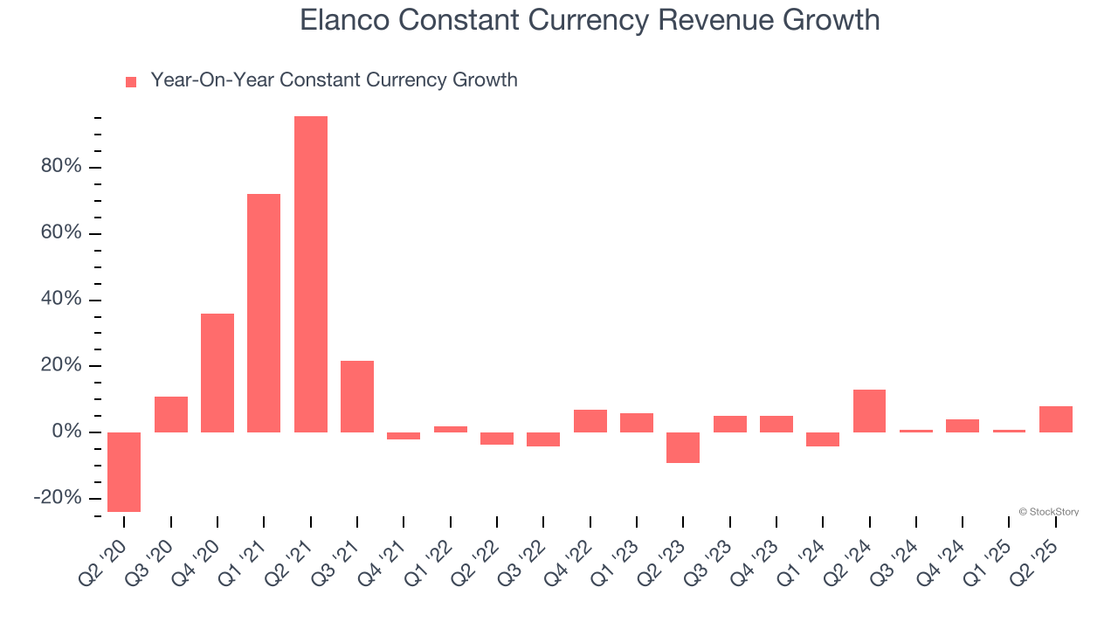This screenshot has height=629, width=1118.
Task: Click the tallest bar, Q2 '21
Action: tap(311, 274)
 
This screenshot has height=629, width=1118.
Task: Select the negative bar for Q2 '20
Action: tap(124, 472)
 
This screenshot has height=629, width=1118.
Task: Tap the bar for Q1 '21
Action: tap(264, 313)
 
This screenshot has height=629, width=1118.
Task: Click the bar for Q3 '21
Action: tap(357, 397)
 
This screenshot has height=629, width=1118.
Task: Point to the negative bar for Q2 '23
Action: tap(683, 447)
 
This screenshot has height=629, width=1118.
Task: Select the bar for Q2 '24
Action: tap(869, 411)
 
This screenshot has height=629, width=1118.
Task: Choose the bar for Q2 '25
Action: tap(1056, 419)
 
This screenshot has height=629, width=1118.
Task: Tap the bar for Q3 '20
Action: tap(171, 414)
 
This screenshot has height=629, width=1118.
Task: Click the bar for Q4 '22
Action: tap(590, 421)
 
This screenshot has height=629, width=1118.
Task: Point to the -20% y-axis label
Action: tap(58, 498)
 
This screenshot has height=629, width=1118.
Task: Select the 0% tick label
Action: tap(66, 432)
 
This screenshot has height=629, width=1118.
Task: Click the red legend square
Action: tap(131, 82)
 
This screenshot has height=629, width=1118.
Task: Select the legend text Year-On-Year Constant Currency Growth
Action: tap(334, 80)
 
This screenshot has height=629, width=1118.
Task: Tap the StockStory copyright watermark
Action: tap(1048, 512)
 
